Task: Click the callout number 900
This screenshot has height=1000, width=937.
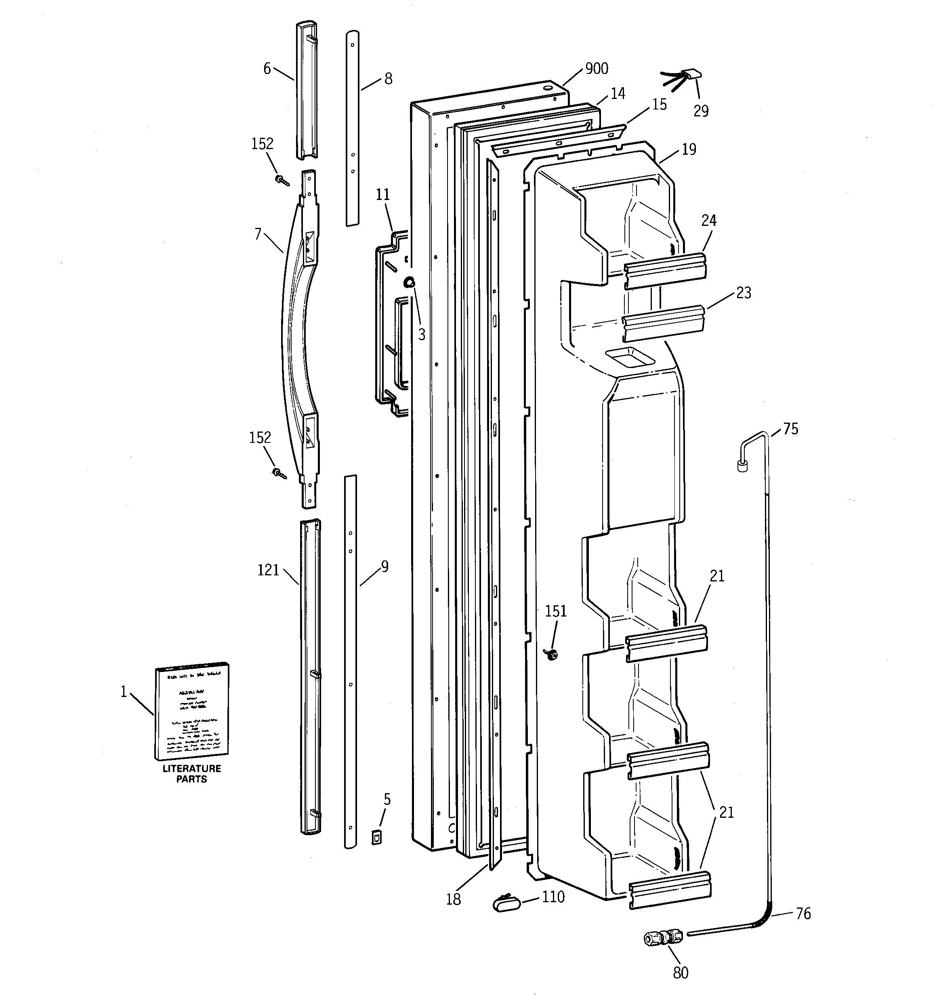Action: pyautogui.click(x=597, y=68)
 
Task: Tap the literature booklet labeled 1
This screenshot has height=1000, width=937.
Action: pyautogui.click(x=191, y=711)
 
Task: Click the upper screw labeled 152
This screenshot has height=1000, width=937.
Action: pyautogui.click(x=282, y=180)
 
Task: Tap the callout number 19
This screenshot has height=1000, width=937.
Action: pyautogui.click(x=689, y=149)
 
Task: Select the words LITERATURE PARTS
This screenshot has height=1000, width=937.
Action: pyautogui.click(x=191, y=774)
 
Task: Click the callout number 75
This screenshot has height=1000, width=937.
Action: pyautogui.click(x=791, y=429)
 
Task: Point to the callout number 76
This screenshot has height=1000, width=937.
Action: pyautogui.click(x=803, y=914)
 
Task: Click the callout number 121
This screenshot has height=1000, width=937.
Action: pyautogui.click(x=268, y=570)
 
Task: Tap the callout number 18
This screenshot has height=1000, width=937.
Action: pyautogui.click(x=453, y=899)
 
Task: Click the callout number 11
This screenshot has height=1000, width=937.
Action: pyautogui.click(x=383, y=195)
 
